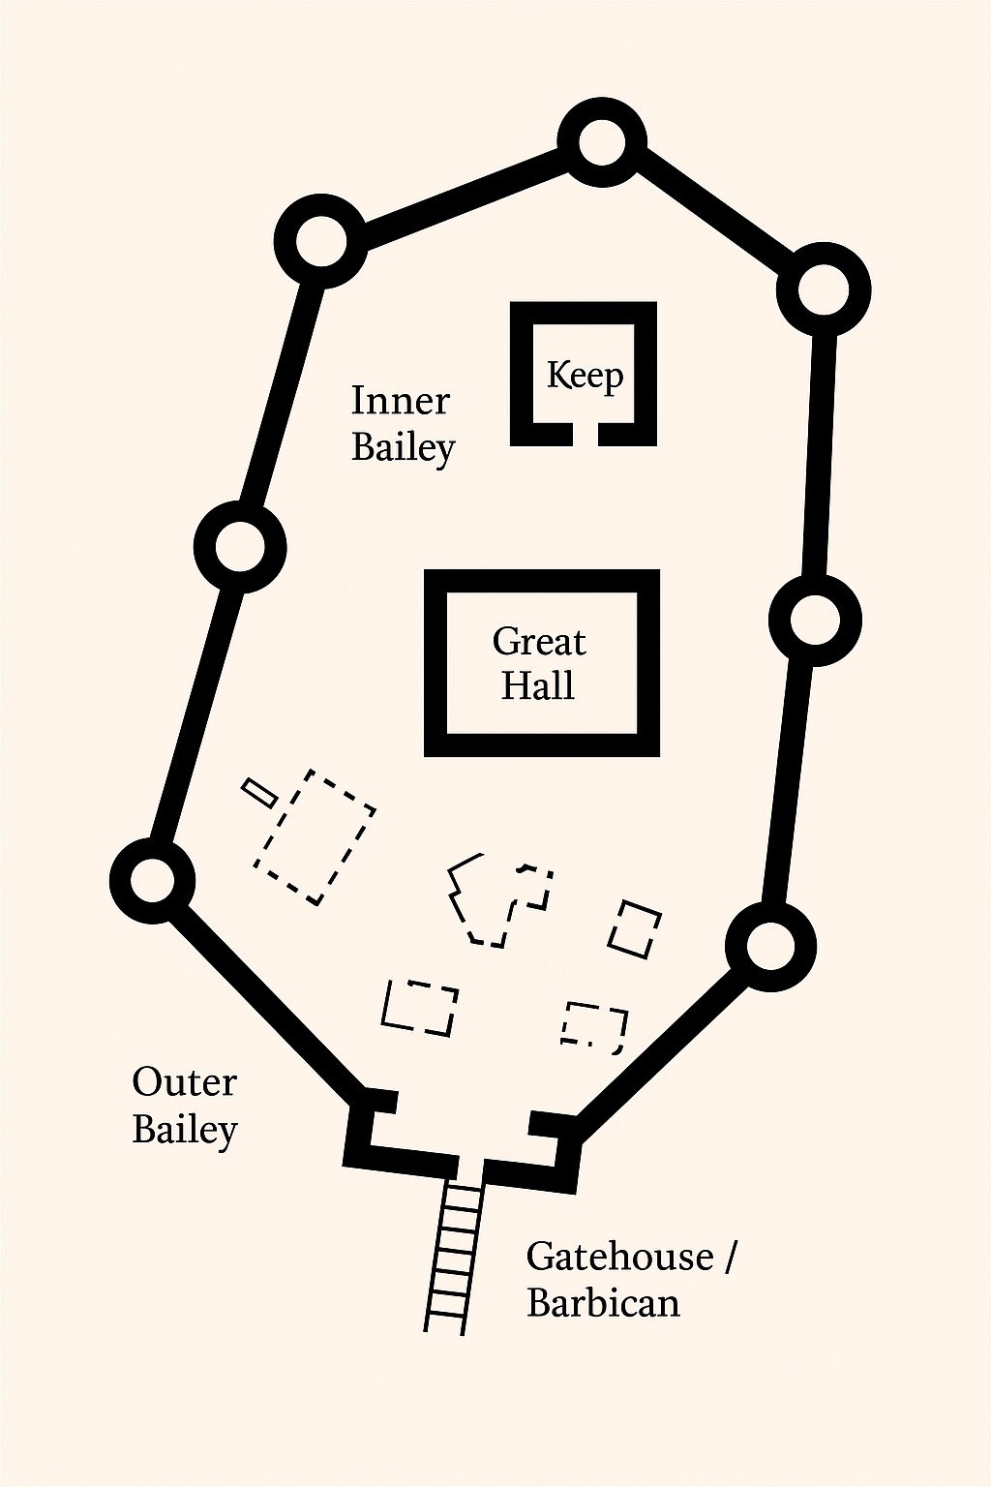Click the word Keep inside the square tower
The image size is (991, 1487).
585,376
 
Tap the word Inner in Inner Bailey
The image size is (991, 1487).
400,401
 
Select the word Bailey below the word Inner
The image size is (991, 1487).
403,448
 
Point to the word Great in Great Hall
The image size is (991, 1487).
539,642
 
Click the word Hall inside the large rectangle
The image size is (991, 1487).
537,685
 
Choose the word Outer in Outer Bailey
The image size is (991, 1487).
184,1082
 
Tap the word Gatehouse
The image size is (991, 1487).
619,1257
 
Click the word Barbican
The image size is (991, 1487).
603,1303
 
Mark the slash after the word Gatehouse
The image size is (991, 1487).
729,1258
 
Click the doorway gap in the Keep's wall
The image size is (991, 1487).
585,435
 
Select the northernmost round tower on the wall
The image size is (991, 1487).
601,143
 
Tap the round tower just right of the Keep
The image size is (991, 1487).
824,289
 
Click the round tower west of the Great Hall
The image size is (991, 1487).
239,548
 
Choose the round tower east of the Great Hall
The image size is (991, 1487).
815,621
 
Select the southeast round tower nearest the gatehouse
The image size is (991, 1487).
770,947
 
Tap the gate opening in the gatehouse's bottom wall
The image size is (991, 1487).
469,1167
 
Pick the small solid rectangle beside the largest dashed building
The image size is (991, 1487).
259,792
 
